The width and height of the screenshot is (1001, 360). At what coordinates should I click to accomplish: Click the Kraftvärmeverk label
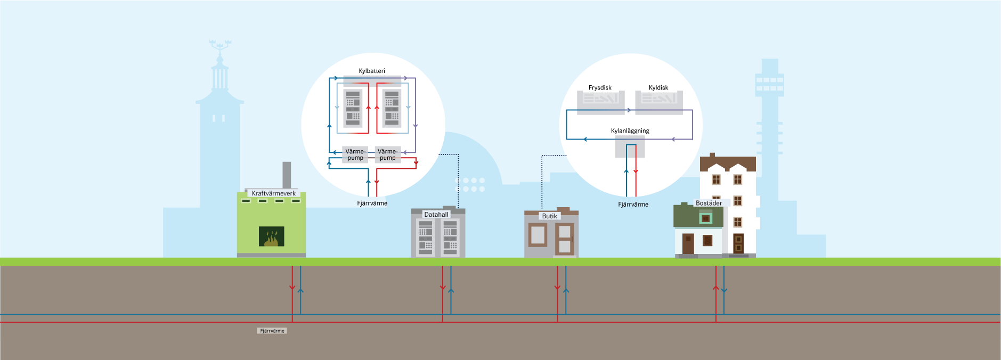tap(273, 193)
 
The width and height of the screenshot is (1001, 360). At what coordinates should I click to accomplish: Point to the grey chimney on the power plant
tap(287, 175)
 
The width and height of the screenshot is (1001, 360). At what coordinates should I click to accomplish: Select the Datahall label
tap(436, 215)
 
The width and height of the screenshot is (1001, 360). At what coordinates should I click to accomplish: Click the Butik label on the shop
tap(549, 216)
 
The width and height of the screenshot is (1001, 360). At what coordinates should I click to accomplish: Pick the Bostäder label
tap(709, 203)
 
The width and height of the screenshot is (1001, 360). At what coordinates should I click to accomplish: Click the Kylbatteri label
tap(372, 71)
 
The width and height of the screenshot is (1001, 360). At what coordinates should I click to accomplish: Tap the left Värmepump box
tap(355, 154)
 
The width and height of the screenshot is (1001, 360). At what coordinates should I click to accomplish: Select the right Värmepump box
tap(388, 154)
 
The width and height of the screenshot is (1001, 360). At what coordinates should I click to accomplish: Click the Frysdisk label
tap(600, 88)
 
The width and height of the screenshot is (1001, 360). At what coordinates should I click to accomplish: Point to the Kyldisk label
tap(658, 88)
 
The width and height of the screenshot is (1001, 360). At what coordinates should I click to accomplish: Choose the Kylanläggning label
tap(630, 131)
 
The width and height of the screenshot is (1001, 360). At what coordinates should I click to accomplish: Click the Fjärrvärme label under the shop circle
tap(633, 204)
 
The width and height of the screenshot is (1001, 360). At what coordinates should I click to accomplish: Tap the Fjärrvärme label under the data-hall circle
tap(372, 203)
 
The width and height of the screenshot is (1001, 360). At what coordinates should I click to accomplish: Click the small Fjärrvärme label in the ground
tap(272, 331)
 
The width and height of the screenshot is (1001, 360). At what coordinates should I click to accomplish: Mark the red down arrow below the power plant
tap(292, 288)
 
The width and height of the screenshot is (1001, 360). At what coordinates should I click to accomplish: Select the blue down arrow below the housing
tap(724, 290)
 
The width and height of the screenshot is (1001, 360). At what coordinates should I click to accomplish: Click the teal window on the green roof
tap(705, 218)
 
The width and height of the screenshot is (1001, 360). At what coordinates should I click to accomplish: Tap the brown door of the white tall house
tap(738, 243)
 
